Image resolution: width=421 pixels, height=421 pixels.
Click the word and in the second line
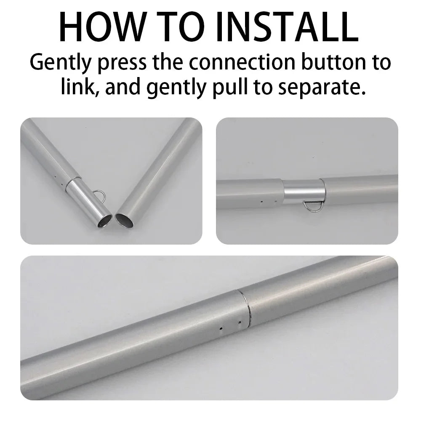click(x=123, y=87)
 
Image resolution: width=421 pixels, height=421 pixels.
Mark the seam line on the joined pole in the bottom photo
click(x=246, y=308)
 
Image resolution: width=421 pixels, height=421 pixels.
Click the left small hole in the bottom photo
click(x=221, y=328)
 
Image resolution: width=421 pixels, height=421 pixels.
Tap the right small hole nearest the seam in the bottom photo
click(x=240, y=322)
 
